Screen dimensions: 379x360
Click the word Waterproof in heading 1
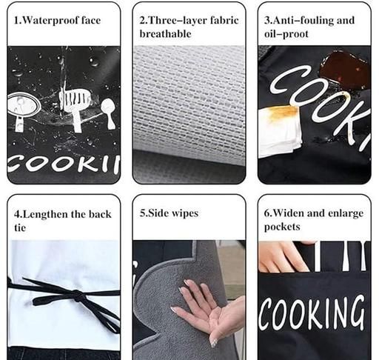tap(50, 21)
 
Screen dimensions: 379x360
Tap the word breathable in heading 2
tap(165, 34)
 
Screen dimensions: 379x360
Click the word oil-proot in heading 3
tap(286, 34)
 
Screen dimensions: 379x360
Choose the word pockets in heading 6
tap(282, 227)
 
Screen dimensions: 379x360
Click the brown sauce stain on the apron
tap(345, 70)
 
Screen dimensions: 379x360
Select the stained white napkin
tap(279, 132)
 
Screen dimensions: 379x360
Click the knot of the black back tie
tap(78, 296)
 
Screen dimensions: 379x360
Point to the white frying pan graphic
tap(23, 110)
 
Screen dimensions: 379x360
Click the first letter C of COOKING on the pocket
tap(265, 314)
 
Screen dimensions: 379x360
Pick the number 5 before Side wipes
tap(143, 213)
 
